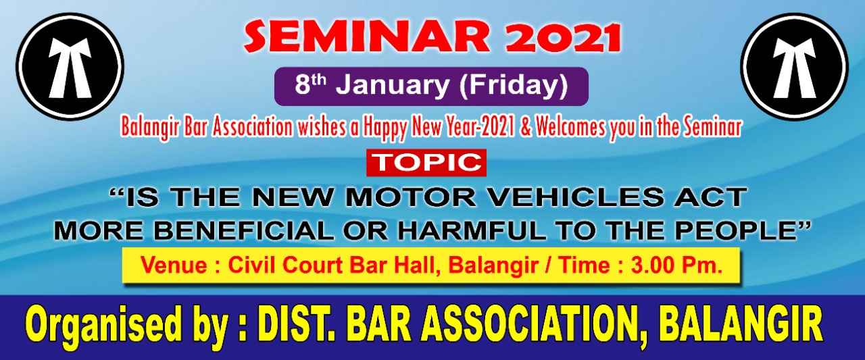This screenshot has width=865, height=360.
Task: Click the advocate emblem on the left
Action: tap(70, 67)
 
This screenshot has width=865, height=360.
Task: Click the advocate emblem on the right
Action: tap(795, 67)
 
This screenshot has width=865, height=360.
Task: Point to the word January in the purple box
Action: tap(393, 86)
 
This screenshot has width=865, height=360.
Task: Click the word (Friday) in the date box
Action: tap(514, 86)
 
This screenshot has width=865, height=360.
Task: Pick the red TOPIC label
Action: tap(426, 163)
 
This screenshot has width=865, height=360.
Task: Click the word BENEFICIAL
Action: tap(244, 231)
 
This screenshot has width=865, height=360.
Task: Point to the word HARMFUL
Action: tap(472, 231)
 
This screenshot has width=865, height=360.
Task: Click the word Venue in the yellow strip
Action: tap(174, 266)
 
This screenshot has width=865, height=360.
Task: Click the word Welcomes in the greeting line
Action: tap(570, 128)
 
